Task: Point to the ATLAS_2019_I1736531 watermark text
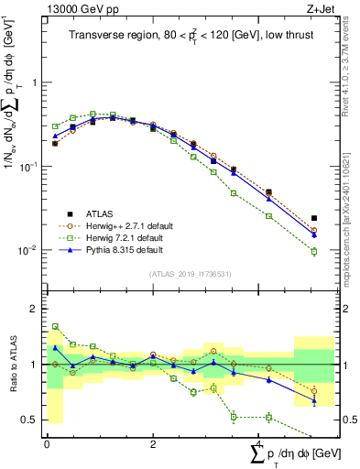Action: pos(190,273)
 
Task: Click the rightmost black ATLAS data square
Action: pos(314,219)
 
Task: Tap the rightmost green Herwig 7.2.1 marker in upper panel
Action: pos(314,252)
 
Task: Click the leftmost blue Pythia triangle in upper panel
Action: pos(55,136)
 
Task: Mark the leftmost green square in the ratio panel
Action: pos(55,326)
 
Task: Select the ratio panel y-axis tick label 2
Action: pos(36,309)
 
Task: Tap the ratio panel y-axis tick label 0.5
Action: pos(32,420)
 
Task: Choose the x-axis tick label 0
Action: pos(47,443)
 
